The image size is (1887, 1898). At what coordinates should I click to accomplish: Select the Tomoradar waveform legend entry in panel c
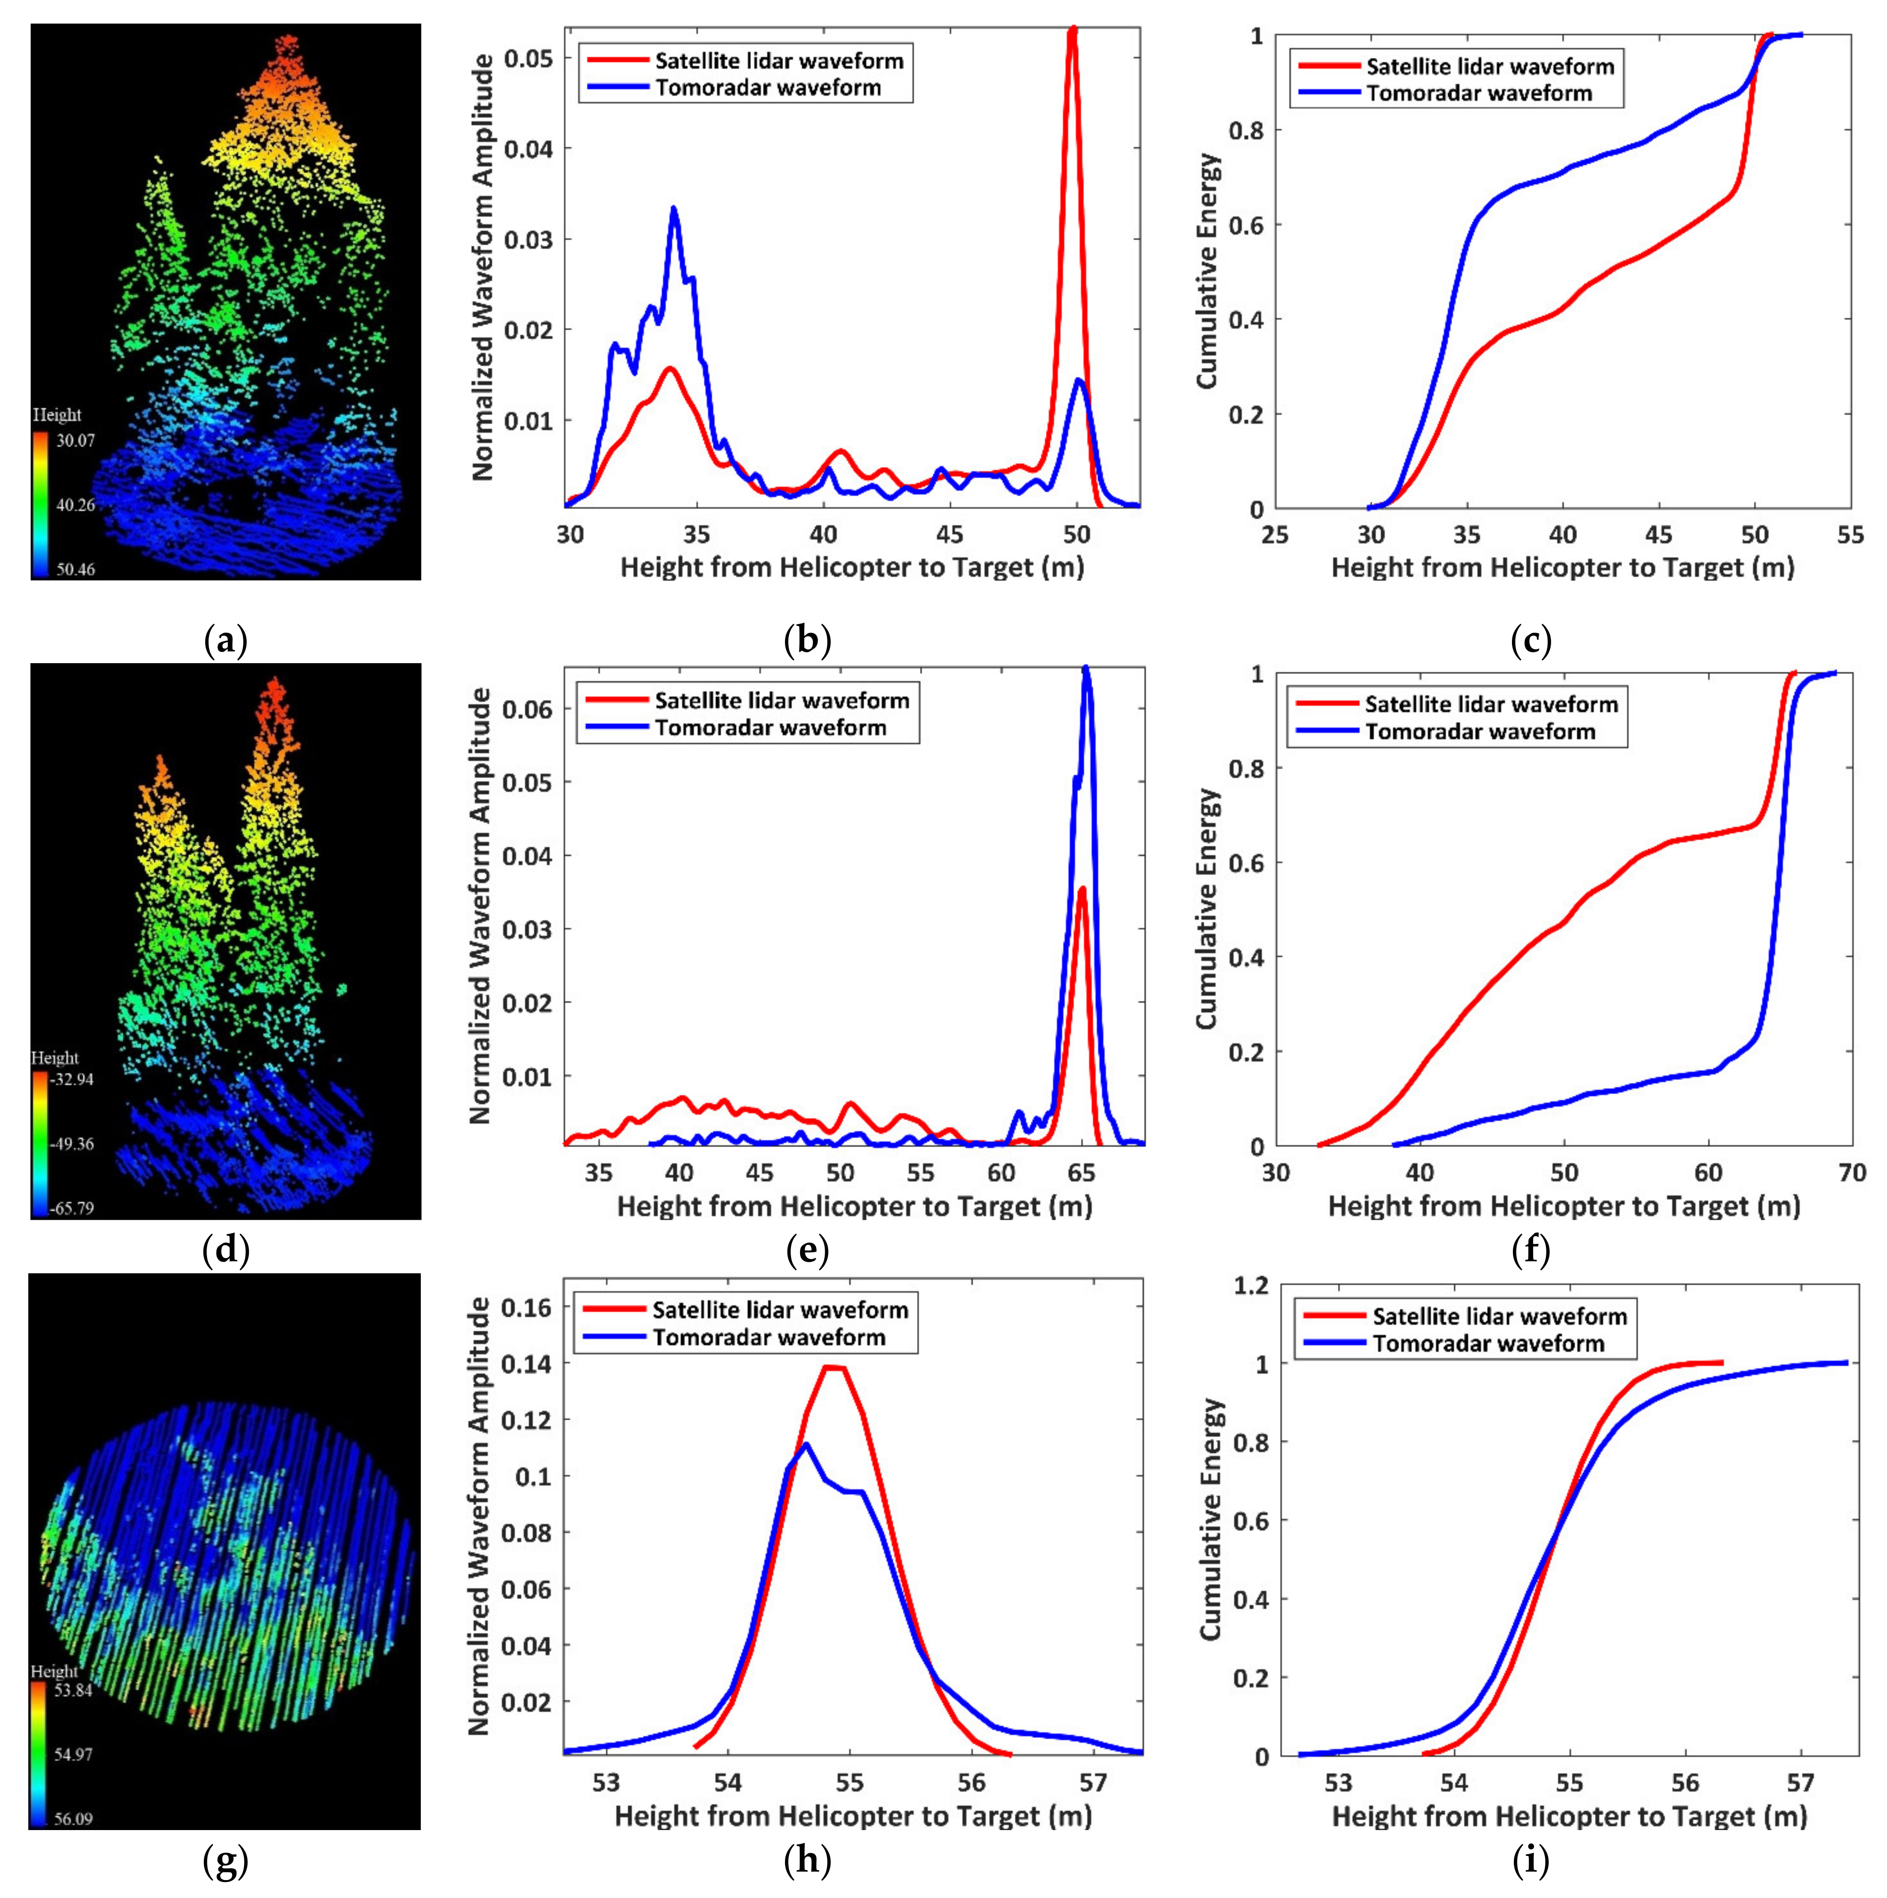[x=1479, y=93]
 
